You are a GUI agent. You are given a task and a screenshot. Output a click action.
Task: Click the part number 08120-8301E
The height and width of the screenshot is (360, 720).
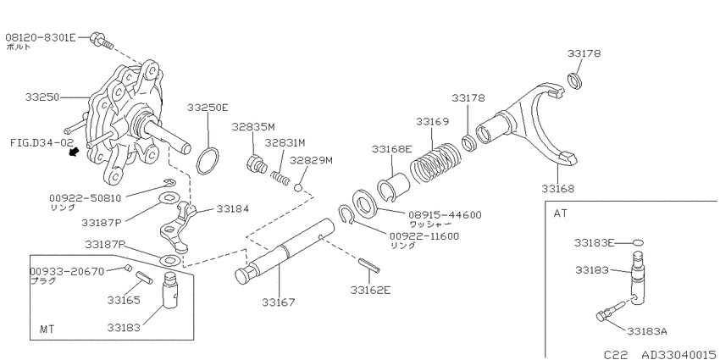point(40,37)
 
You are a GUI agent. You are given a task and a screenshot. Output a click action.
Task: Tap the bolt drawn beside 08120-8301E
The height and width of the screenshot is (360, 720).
point(102,41)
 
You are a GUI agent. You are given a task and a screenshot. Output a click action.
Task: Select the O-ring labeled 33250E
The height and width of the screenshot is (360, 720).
point(208,161)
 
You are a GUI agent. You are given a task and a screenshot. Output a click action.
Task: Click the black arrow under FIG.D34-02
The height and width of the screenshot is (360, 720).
point(73,152)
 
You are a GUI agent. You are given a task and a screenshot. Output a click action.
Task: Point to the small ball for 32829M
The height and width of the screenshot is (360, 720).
point(298,187)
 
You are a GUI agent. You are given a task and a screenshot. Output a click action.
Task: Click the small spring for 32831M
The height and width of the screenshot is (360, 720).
point(280,178)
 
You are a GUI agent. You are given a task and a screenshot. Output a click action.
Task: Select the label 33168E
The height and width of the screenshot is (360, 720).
point(392,149)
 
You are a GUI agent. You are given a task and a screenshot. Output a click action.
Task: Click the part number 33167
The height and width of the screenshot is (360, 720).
point(279,302)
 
